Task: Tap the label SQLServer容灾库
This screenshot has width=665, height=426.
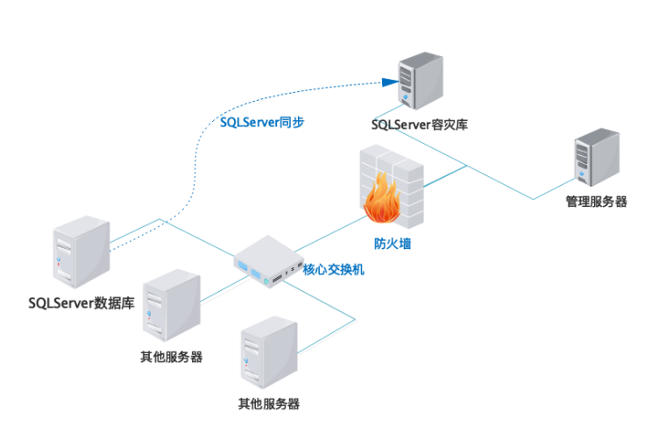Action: (420, 124)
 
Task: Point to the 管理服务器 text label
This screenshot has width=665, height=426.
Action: (596, 202)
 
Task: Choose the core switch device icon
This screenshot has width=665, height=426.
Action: (262, 264)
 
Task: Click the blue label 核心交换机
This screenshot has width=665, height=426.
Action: (334, 269)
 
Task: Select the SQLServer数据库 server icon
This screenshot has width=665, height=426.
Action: (81, 254)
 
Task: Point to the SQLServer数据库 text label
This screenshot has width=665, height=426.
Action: (81, 303)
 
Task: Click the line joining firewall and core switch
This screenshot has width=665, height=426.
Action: (324, 232)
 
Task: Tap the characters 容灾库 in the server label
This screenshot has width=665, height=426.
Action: (449, 124)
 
